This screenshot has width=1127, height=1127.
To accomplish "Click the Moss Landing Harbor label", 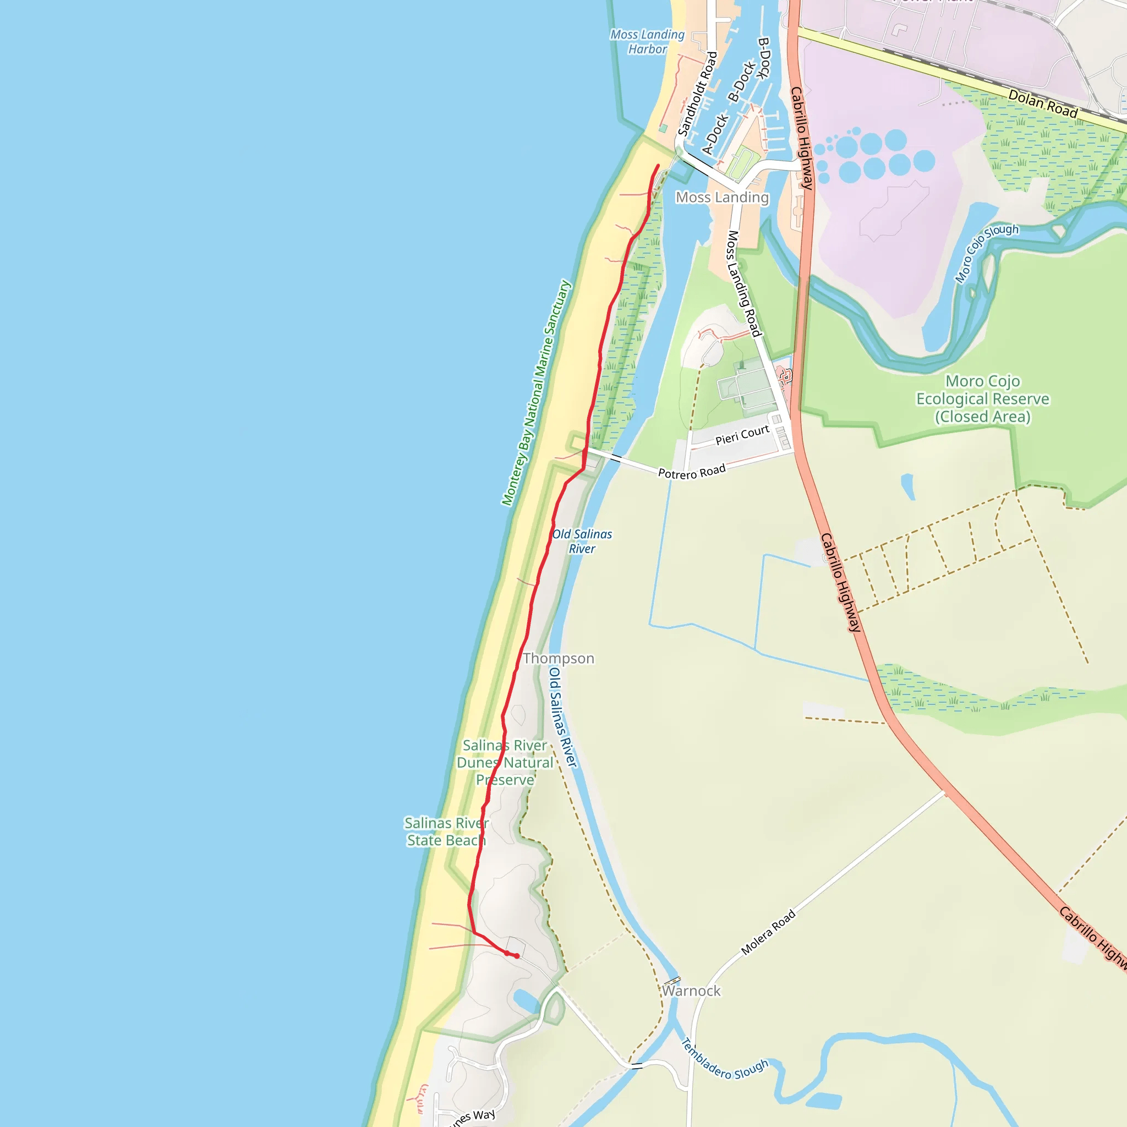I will click(647, 42).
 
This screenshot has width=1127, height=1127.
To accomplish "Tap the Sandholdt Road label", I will click(697, 94).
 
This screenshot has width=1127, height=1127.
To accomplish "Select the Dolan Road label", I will click(1042, 103).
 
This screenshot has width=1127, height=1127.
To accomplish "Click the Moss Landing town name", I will click(722, 198).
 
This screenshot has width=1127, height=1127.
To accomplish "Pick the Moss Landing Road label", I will click(744, 283).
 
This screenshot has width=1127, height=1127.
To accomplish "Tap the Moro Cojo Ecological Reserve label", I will click(982, 399).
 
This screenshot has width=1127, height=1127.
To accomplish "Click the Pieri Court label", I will click(742, 435).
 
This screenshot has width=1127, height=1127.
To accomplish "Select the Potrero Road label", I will click(692, 472).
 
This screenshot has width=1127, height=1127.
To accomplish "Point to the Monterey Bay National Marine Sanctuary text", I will click(535, 393).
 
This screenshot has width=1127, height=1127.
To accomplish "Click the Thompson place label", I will click(558, 659).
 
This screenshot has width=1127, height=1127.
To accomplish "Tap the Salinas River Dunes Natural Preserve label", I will click(505, 762).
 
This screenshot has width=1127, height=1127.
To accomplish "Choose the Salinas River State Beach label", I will click(446, 832).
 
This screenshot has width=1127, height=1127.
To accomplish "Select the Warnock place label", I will click(691, 991).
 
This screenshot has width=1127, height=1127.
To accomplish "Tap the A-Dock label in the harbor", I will click(715, 134).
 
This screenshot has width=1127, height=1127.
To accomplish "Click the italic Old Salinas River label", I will click(582, 541).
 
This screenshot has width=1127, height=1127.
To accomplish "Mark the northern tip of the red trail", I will click(659, 166).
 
